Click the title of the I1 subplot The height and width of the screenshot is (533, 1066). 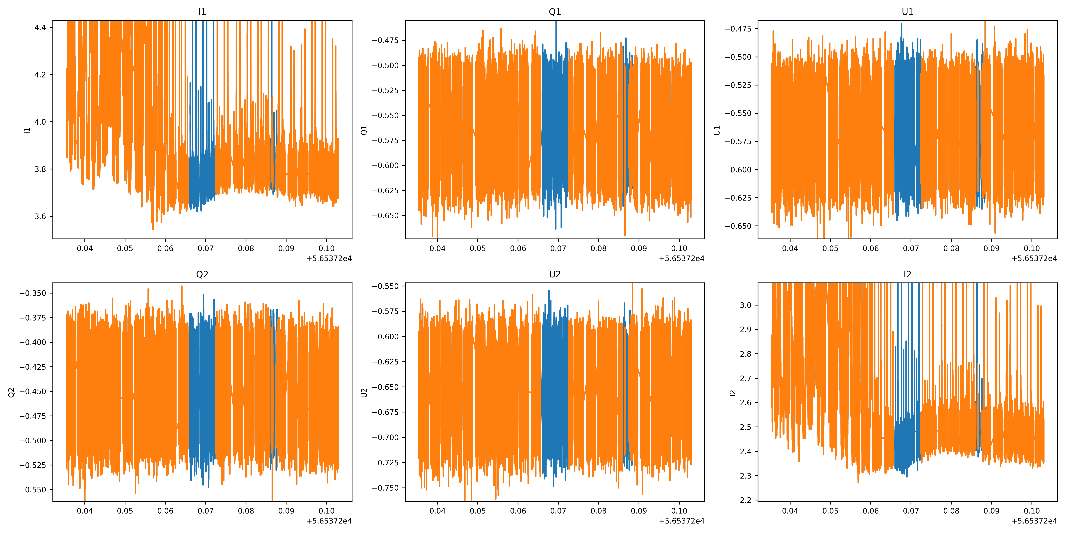click(x=202, y=12)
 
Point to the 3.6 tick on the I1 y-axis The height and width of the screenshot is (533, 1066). click(x=40, y=216)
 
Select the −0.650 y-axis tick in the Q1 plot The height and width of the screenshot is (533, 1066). click(x=385, y=216)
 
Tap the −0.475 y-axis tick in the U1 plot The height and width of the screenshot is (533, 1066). click(x=738, y=29)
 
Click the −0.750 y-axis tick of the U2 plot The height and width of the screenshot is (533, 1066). click(x=385, y=488)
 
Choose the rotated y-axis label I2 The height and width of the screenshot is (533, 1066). click(x=733, y=392)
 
